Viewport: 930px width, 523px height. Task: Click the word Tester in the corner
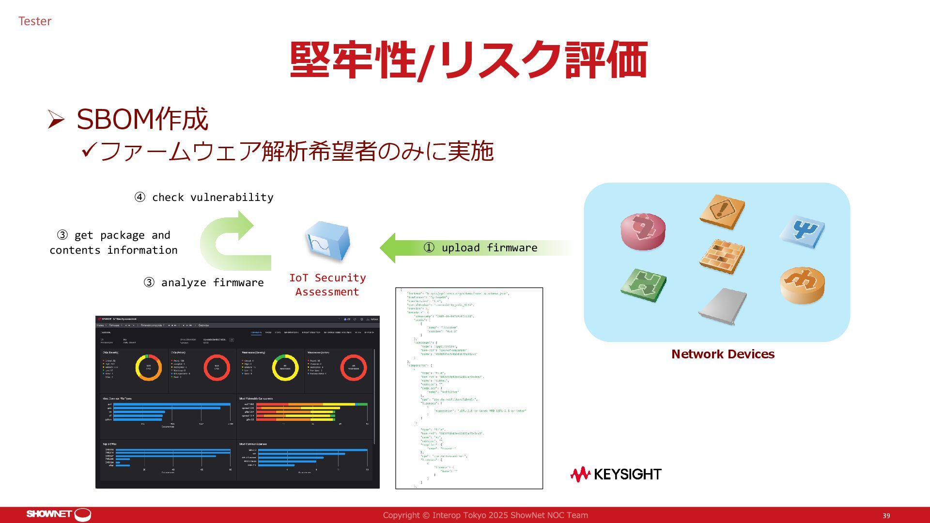[34, 21]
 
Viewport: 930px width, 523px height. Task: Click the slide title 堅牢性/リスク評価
[468, 60]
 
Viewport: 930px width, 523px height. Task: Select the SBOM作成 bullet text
[142, 119]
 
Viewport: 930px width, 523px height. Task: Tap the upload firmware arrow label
[489, 248]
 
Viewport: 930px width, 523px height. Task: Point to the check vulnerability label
[204, 198]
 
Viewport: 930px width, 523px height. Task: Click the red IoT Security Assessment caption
[327, 285]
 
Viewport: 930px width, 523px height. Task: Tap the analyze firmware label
[204, 283]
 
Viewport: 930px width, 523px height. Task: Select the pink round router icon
[643, 231]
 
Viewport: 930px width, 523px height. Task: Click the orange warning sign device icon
[722, 211]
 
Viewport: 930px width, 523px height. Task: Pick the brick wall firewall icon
[722, 256]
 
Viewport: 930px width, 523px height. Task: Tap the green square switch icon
[643, 285]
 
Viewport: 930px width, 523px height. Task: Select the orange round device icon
[802, 285]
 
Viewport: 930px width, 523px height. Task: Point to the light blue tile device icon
[802, 231]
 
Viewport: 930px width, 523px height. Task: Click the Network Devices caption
[723, 354]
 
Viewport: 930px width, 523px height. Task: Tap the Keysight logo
[616, 474]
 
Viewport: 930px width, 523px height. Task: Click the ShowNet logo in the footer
[59, 514]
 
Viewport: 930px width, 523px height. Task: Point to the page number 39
[886, 516]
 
